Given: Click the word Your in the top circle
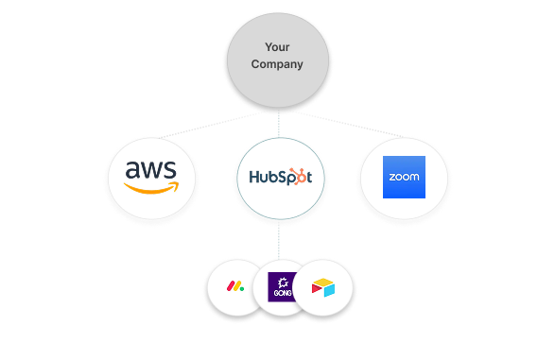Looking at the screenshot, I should click(x=277, y=45).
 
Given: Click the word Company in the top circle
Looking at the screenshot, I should click(x=277, y=64).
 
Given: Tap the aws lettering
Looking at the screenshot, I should click(x=152, y=171).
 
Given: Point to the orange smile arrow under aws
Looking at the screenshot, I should click(x=152, y=188).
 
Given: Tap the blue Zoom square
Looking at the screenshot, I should click(x=404, y=177).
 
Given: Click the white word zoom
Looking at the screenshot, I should click(x=404, y=178).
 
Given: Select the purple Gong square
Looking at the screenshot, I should click(x=281, y=287).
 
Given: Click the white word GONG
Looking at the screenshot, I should click(x=281, y=295).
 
